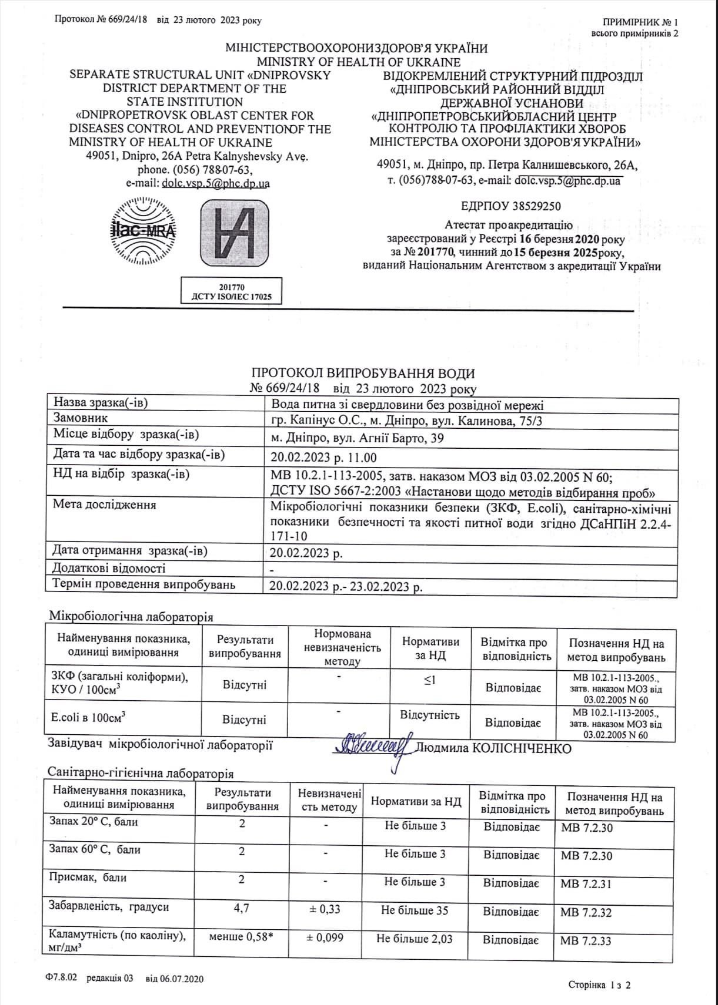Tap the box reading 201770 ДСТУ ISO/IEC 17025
[231, 291]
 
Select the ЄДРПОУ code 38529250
[511, 206]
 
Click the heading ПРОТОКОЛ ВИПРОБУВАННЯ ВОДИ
[363, 374]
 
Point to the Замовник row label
[81, 418]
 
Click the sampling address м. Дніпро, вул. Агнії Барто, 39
[358, 438]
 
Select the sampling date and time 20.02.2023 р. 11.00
[323, 457]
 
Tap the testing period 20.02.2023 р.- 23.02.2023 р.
[346, 586]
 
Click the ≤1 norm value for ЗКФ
[430, 680]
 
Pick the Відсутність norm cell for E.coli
[430, 715]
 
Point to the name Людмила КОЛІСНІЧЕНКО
[493, 748]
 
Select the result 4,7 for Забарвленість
[241, 908]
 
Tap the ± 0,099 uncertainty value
[326, 937]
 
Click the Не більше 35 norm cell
[415, 910]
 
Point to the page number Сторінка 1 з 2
[599, 985]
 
